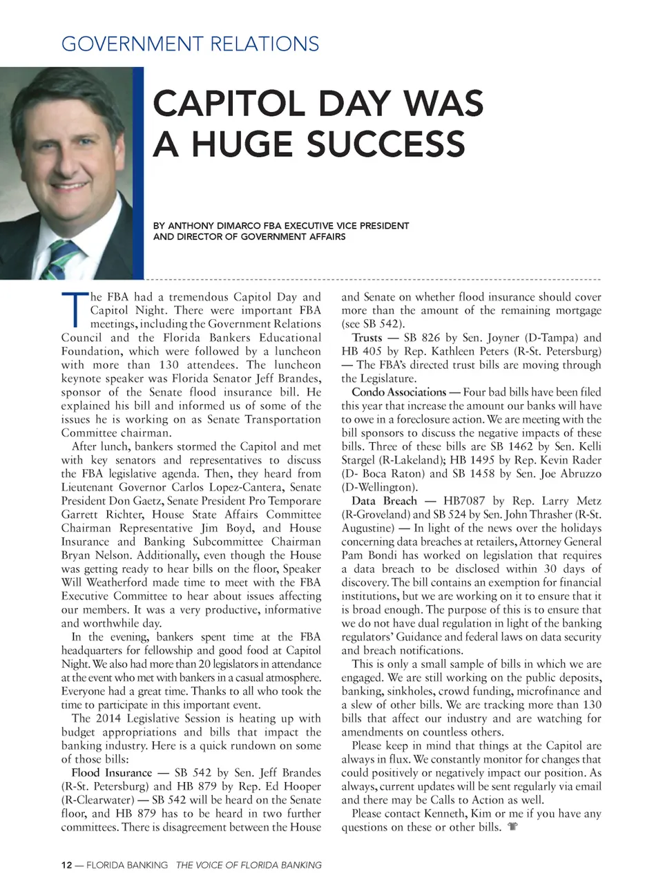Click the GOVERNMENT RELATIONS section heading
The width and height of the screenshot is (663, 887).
click(190, 44)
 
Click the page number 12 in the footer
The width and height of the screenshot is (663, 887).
click(66, 865)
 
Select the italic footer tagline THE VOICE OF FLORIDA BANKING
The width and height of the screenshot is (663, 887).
click(249, 865)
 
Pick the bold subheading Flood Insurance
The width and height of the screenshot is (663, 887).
click(111, 773)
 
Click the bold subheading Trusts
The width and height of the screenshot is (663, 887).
click(367, 338)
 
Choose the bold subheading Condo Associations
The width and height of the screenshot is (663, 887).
click(399, 392)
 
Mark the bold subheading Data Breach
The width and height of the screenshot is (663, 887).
click(384, 501)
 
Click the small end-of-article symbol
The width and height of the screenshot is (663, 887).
click(512, 827)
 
